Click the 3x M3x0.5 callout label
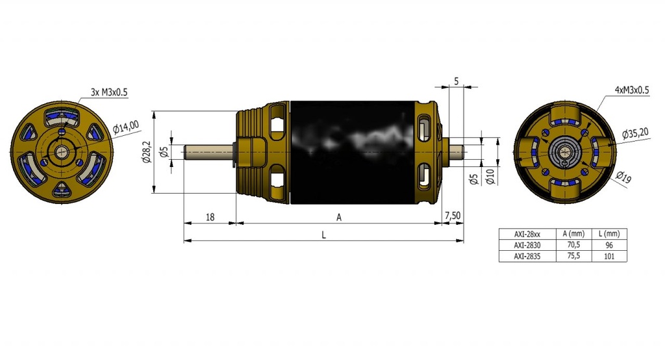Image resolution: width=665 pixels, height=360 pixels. [x=109, y=92]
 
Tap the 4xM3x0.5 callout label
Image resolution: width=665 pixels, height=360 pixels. [x=631, y=90]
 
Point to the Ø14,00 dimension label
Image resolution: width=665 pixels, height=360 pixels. [x=126, y=127]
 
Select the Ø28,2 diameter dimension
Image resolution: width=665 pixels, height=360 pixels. [x=147, y=152]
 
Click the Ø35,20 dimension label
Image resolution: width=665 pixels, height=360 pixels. [x=635, y=133]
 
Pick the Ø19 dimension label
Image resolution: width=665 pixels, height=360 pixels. [x=624, y=177]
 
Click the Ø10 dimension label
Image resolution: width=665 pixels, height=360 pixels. [x=490, y=176]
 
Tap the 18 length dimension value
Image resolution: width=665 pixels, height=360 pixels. [x=210, y=217]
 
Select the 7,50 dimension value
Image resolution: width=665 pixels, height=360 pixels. [x=453, y=216]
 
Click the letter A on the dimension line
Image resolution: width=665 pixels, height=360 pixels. [x=339, y=217]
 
